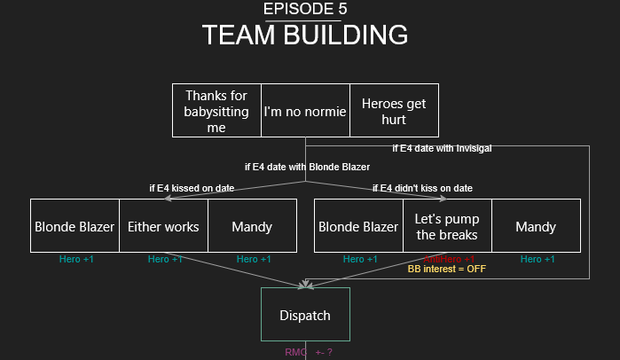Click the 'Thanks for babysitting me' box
(216, 111)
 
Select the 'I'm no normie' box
(305, 112)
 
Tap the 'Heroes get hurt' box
(394, 111)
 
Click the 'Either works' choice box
(163, 226)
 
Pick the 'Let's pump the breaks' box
(447, 226)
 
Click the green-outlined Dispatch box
(305, 315)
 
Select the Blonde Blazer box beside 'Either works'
(75, 226)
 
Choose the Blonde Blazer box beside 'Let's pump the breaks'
(358, 226)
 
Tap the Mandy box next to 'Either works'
(252, 226)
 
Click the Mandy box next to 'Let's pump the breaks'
(536, 226)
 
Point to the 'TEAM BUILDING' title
(305, 35)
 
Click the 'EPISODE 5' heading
(305, 10)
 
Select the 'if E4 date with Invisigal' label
(442, 148)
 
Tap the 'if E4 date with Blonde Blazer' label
(307, 167)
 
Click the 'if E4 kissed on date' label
(192, 188)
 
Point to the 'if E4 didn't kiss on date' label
(422, 188)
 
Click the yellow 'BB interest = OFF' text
(447, 268)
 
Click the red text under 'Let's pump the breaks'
(447, 258)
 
